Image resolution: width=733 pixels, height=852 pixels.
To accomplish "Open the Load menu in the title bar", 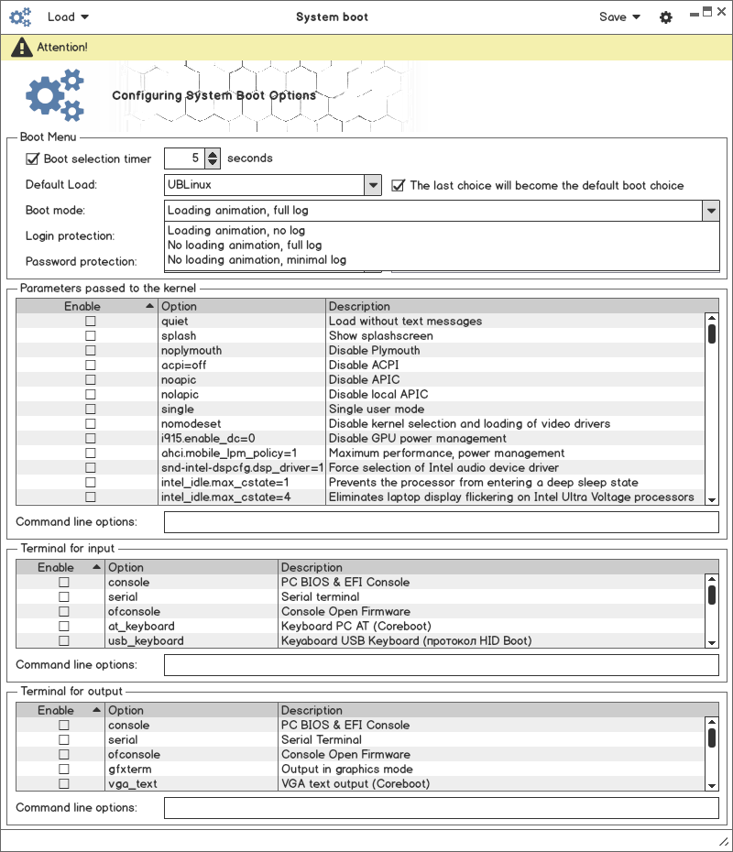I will [x=68, y=16].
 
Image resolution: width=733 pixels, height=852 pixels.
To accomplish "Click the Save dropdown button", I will [x=619, y=16].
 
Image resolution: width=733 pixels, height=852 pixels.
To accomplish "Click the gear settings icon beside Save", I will [x=666, y=17].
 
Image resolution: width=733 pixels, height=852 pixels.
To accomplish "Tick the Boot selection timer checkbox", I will [x=33, y=158].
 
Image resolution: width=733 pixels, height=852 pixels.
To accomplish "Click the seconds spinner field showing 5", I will [x=184, y=158].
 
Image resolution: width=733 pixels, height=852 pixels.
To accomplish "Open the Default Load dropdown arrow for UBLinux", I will [x=373, y=185].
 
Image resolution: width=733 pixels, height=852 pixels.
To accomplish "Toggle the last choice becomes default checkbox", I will [x=398, y=185].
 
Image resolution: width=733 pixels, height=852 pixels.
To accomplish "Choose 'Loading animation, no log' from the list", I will [x=236, y=231].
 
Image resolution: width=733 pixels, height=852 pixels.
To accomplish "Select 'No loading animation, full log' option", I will [x=245, y=246].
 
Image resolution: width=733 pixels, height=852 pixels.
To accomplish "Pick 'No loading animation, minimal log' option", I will [x=257, y=260].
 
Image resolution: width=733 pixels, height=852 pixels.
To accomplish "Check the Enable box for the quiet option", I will [x=90, y=322].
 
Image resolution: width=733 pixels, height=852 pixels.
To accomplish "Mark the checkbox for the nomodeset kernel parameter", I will [x=90, y=424].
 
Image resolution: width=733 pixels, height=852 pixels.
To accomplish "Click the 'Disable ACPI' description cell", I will [x=364, y=366].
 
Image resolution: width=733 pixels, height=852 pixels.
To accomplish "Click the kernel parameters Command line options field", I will [x=441, y=522].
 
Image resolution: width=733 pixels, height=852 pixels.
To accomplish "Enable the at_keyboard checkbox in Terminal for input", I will [x=64, y=627].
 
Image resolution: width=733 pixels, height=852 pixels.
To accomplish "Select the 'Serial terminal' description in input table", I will [x=320, y=597].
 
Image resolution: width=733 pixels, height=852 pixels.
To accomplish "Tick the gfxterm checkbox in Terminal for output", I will [x=64, y=770].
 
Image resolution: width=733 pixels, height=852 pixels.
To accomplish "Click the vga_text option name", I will [x=133, y=784].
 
